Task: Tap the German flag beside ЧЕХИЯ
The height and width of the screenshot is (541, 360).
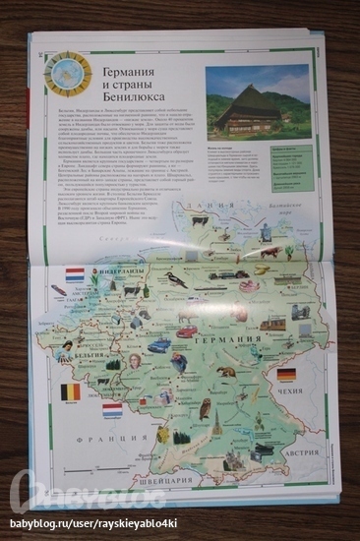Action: [286, 375]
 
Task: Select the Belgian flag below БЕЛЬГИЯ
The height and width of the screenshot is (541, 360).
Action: [71, 391]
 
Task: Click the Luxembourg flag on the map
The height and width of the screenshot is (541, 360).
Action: [112, 408]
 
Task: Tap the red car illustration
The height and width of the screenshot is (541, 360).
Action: [187, 331]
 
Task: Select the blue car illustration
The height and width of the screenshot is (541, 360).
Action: [159, 345]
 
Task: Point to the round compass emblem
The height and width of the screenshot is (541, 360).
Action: [68, 73]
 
